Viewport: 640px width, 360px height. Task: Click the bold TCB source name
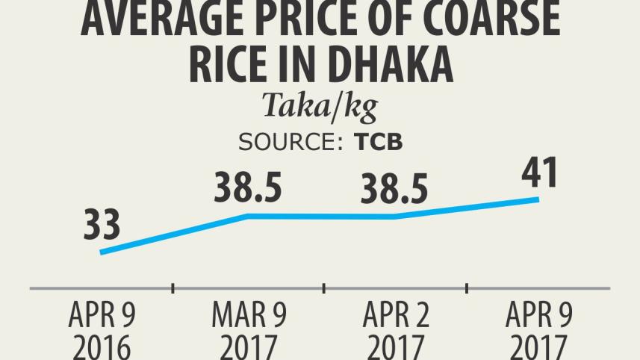(378, 143)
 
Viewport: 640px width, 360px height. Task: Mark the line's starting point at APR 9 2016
(101, 252)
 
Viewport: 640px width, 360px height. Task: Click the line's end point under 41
(538, 199)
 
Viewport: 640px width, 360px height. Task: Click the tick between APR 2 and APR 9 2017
(467, 288)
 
